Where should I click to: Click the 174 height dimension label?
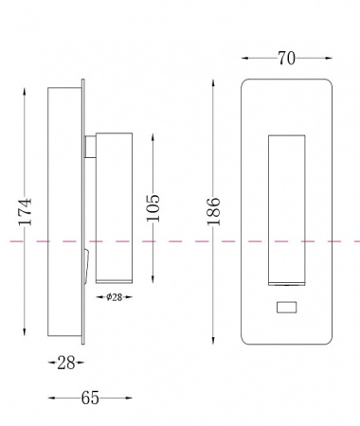[x=25, y=211]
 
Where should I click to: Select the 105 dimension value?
[x=153, y=208]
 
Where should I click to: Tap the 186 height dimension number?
[x=213, y=211]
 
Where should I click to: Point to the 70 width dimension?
[x=287, y=59]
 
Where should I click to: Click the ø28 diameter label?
[x=115, y=297]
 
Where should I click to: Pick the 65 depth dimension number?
[x=90, y=398]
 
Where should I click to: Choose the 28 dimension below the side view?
[x=66, y=363]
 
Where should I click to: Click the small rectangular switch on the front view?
[x=286, y=308]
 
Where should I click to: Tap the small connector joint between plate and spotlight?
[x=90, y=147]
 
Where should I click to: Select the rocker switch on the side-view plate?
[x=86, y=267]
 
